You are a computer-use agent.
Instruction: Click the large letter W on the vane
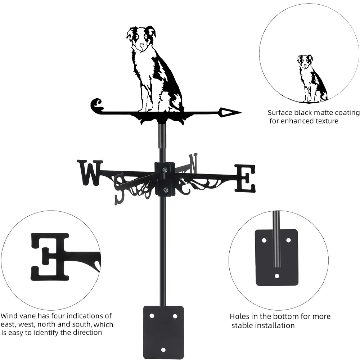(90, 172)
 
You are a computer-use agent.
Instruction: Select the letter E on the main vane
(245, 178)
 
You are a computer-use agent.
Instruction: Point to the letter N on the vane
(193, 162)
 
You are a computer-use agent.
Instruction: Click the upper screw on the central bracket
(165, 170)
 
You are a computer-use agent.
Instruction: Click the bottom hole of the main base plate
(163, 350)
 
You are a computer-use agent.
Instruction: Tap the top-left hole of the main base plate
(152, 316)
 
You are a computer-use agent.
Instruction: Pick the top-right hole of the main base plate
(175, 316)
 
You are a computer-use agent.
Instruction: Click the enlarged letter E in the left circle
(50, 256)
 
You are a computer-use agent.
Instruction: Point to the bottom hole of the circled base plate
(276, 276)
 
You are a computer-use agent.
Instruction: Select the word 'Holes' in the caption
(240, 317)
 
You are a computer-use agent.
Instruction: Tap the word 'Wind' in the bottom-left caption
(9, 316)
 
